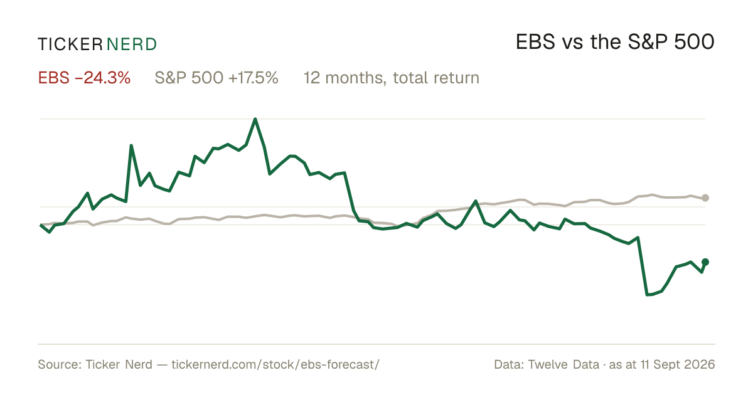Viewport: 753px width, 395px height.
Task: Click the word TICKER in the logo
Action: pyautogui.click(x=70, y=45)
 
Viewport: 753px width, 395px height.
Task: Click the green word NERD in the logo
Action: pyautogui.click(x=132, y=45)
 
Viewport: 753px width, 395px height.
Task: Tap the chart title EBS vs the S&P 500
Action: pyautogui.click(x=615, y=42)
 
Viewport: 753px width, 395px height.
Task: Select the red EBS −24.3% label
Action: pyautogui.click(x=84, y=78)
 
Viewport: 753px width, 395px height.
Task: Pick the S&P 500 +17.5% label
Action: pyautogui.click(x=216, y=78)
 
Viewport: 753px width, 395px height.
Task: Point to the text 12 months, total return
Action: pyautogui.click(x=392, y=78)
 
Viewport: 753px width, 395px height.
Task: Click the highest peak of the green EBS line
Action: pyautogui.click(x=255, y=119)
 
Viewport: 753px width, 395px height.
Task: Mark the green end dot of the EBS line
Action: pyautogui.click(x=705, y=262)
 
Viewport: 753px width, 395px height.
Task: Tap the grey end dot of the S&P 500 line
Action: pyautogui.click(x=705, y=198)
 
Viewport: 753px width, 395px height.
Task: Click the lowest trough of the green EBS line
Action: pyautogui.click(x=647, y=295)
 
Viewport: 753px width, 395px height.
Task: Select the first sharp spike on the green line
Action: pyautogui.click(x=131, y=145)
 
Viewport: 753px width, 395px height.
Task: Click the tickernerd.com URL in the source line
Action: pyautogui.click(x=275, y=364)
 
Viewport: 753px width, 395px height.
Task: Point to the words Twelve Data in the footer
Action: pyautogui.click(x=563, y=364)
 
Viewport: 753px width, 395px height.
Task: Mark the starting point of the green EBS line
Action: pyautogui.click(x=41, y=224)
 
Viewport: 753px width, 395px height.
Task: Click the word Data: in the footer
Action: pyautogui.click(x=510, y=364)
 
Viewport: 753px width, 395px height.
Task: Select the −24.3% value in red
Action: pyautogui.click(x=102, y=78)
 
